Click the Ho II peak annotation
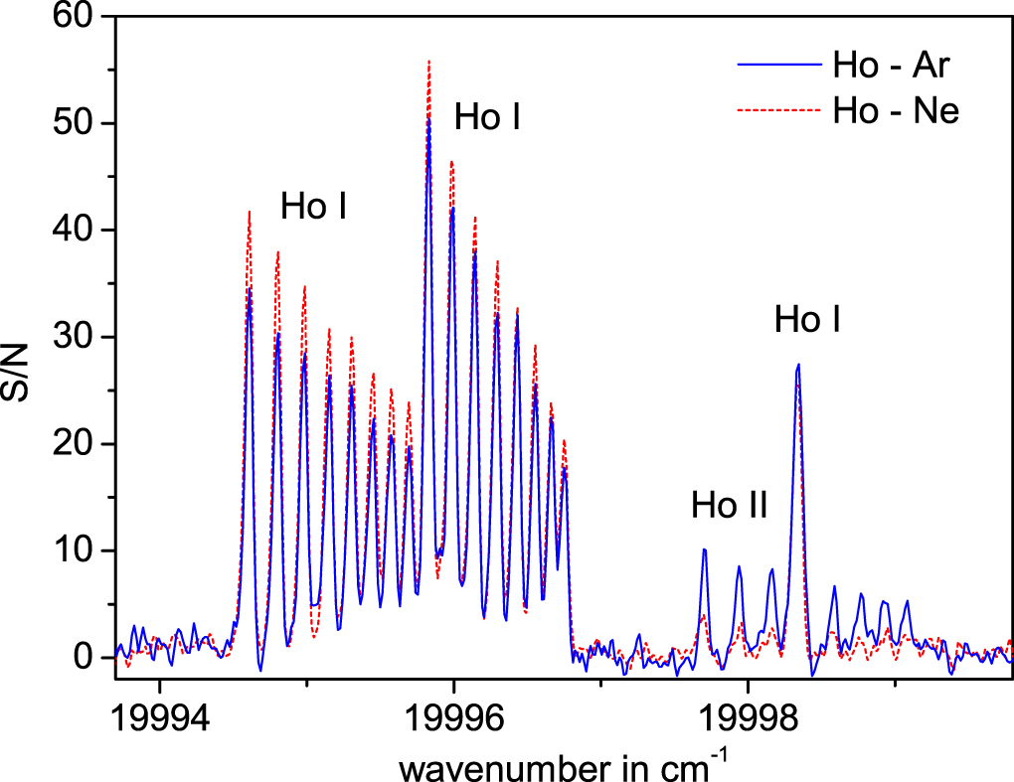click(x=730, y=506)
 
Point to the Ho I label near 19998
click(x=808, y=320)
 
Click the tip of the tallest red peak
click(x=428, y=61)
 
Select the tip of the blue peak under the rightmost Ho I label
click(x=798, y=365)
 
